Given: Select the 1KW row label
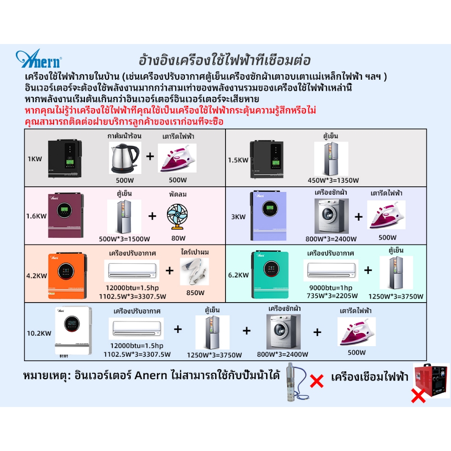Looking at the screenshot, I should click(35, 159).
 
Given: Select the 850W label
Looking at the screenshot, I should click(195, 292).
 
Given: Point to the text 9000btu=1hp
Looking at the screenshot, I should click(327, 288).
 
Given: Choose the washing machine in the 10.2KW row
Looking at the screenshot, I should click(283, 332).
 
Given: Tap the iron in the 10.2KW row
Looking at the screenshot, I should click(356, 331).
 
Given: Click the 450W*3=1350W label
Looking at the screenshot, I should click(333, 180).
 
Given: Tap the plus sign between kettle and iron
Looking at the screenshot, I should click(150, 156).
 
